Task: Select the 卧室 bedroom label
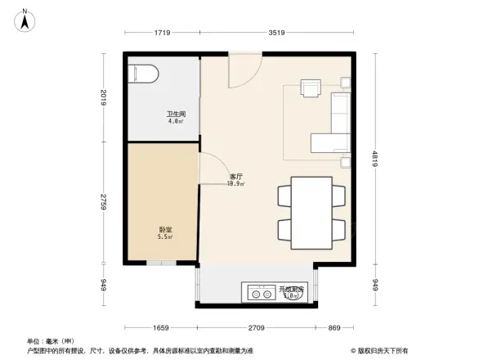pyautogui.click(x=164, y=231)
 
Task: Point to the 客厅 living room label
pyautogui.click(x=236, y=178)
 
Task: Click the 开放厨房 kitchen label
pyautogui.click(x=292, y=290)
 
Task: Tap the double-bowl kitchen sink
pyautogui.click(x=259, y=291)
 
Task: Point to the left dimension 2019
pyautogui.click(x=105, y=99)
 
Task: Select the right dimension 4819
pyautogui.click(x=375, y=159)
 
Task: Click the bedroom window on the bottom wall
pyautogui.click(x=162, y=263)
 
